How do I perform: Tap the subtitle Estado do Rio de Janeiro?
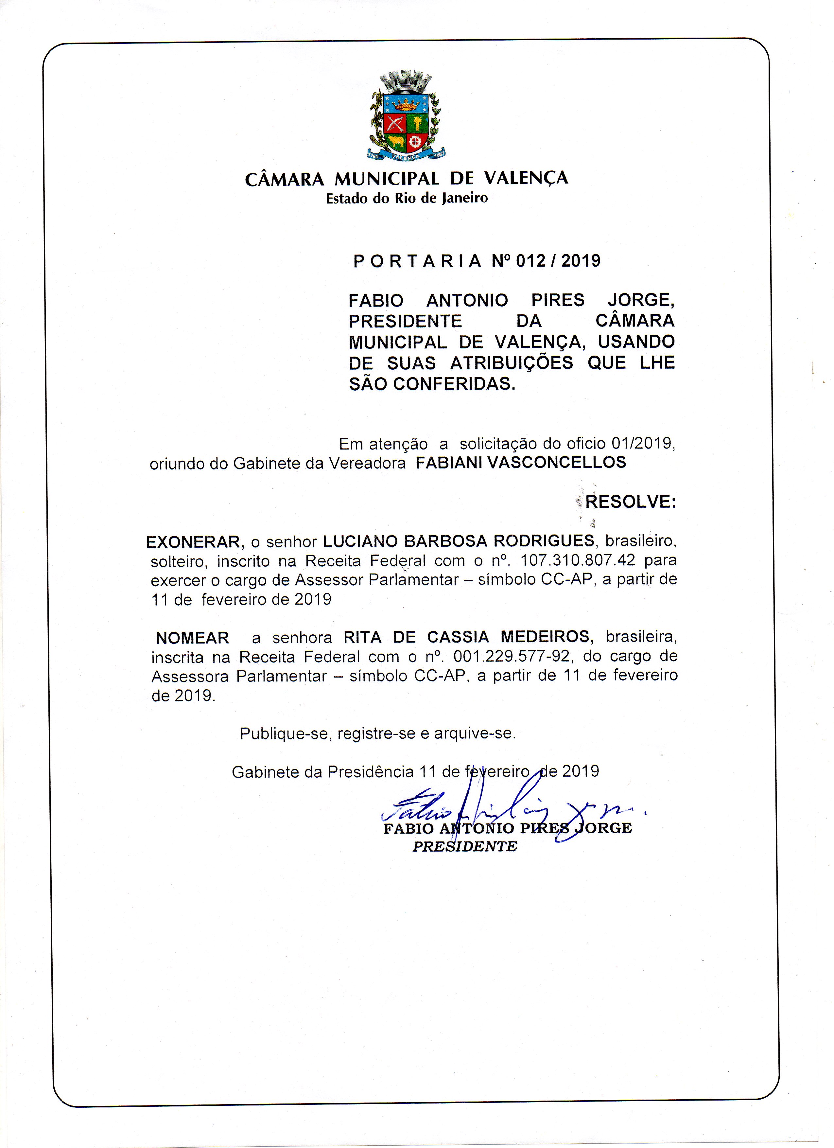click(407, 198)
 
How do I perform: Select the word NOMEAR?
click(192, 638)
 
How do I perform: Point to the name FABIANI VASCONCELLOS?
click(521, 462)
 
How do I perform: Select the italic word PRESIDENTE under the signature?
click(464, 846)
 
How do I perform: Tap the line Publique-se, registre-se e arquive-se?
click(377, 733)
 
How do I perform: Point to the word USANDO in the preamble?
click(636, 342)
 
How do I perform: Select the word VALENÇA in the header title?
click(526, 178)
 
